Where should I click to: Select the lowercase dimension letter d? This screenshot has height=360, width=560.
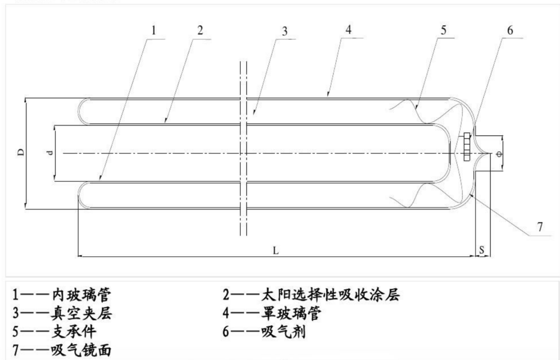click(x=50, y=153)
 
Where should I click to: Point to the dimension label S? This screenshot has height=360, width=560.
click(x=482, y=249)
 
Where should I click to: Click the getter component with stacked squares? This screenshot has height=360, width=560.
click(x=466, y=146)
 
